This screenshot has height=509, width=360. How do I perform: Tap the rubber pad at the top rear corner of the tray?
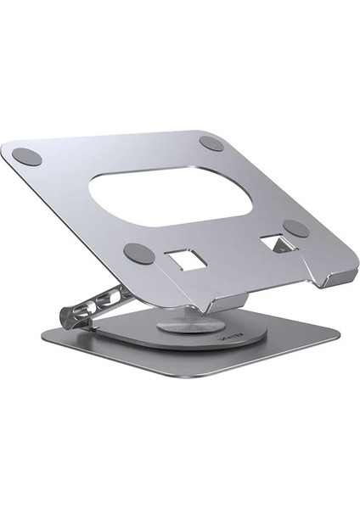pos(212,143)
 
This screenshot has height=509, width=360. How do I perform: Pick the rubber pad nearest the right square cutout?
pos(295,227)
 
